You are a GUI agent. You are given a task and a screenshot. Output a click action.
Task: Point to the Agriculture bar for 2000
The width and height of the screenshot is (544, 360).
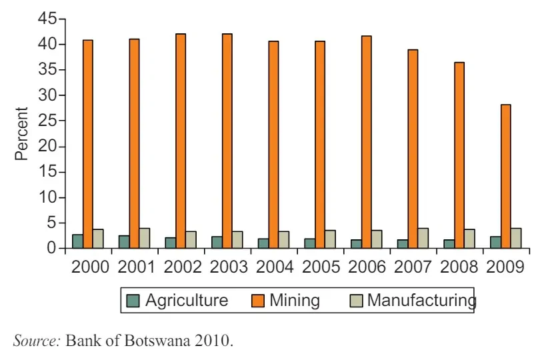[78, 241]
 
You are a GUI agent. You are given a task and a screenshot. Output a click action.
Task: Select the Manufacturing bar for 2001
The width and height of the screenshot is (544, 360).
[145, 238]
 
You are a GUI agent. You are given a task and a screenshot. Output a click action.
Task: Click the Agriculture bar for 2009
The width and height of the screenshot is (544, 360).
[495, 242]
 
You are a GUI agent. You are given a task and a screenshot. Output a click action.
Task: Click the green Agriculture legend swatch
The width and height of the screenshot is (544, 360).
[133, 301]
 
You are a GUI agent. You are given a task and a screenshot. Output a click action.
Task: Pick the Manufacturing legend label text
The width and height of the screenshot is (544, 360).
[421, 300]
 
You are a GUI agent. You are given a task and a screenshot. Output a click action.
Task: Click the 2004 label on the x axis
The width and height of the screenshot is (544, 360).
[274, 267]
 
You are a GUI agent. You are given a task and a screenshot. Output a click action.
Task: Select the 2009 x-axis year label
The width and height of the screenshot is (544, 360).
[505, 267]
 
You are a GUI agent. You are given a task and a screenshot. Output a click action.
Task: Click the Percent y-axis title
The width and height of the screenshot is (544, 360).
[22, 133]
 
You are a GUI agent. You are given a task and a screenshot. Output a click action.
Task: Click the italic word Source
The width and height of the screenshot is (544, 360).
[37, 341]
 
